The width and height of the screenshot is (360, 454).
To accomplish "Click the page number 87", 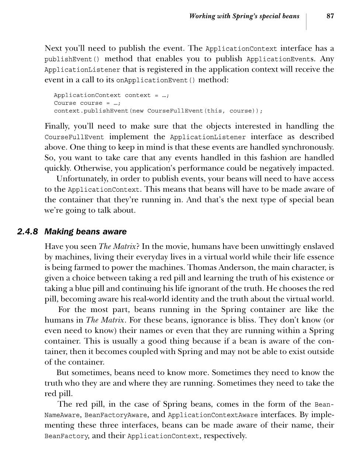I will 330,16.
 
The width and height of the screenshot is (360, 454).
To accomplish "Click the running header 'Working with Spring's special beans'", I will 244,16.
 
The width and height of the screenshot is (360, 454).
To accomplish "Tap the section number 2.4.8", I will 28,232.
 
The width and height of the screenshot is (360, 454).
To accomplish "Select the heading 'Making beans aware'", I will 85,232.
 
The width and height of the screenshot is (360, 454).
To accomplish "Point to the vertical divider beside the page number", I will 307,21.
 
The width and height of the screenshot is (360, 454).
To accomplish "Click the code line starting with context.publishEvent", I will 158,111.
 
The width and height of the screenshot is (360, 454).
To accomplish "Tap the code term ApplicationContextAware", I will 213,415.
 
